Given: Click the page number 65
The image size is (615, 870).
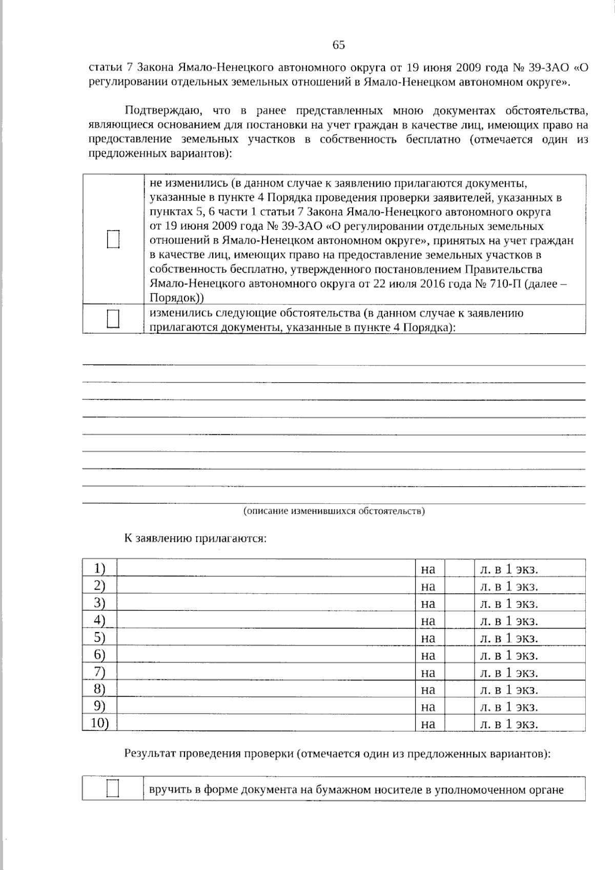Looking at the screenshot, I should click(339, 45).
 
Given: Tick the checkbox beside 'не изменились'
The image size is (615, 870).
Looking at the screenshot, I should click(113, 239).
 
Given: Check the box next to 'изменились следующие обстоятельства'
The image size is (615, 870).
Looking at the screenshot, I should click(113, 318).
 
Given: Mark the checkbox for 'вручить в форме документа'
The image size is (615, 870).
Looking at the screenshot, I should click(113, 789).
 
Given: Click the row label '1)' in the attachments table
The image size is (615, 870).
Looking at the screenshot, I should click(100, 568).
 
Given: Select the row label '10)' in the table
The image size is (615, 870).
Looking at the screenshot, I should click(99, 723).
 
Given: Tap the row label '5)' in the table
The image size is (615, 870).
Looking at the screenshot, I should click(100, 637).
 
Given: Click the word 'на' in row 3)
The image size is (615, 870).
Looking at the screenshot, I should click(428, 603).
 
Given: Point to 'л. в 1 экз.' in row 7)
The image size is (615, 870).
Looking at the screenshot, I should click(509, 672).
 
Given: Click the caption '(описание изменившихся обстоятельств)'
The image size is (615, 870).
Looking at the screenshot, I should click(334, 511).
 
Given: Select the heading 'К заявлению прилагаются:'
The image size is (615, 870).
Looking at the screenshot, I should click(195, 538).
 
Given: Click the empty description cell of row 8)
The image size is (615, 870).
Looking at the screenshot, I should click(265, 689).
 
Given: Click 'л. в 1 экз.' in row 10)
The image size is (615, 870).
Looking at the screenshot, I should click(509, 724).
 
